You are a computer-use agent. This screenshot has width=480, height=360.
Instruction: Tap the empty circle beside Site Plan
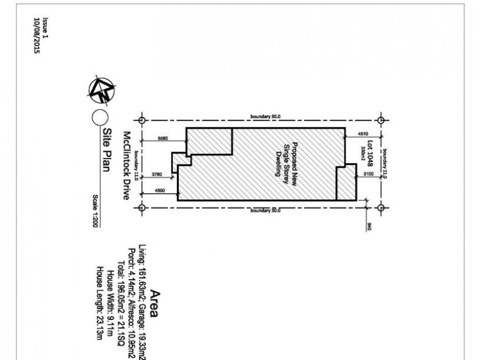tap(100, 118)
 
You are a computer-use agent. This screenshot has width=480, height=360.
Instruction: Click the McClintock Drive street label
tap(127, 166)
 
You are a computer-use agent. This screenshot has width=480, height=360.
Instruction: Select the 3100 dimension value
tap(368, 174)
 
